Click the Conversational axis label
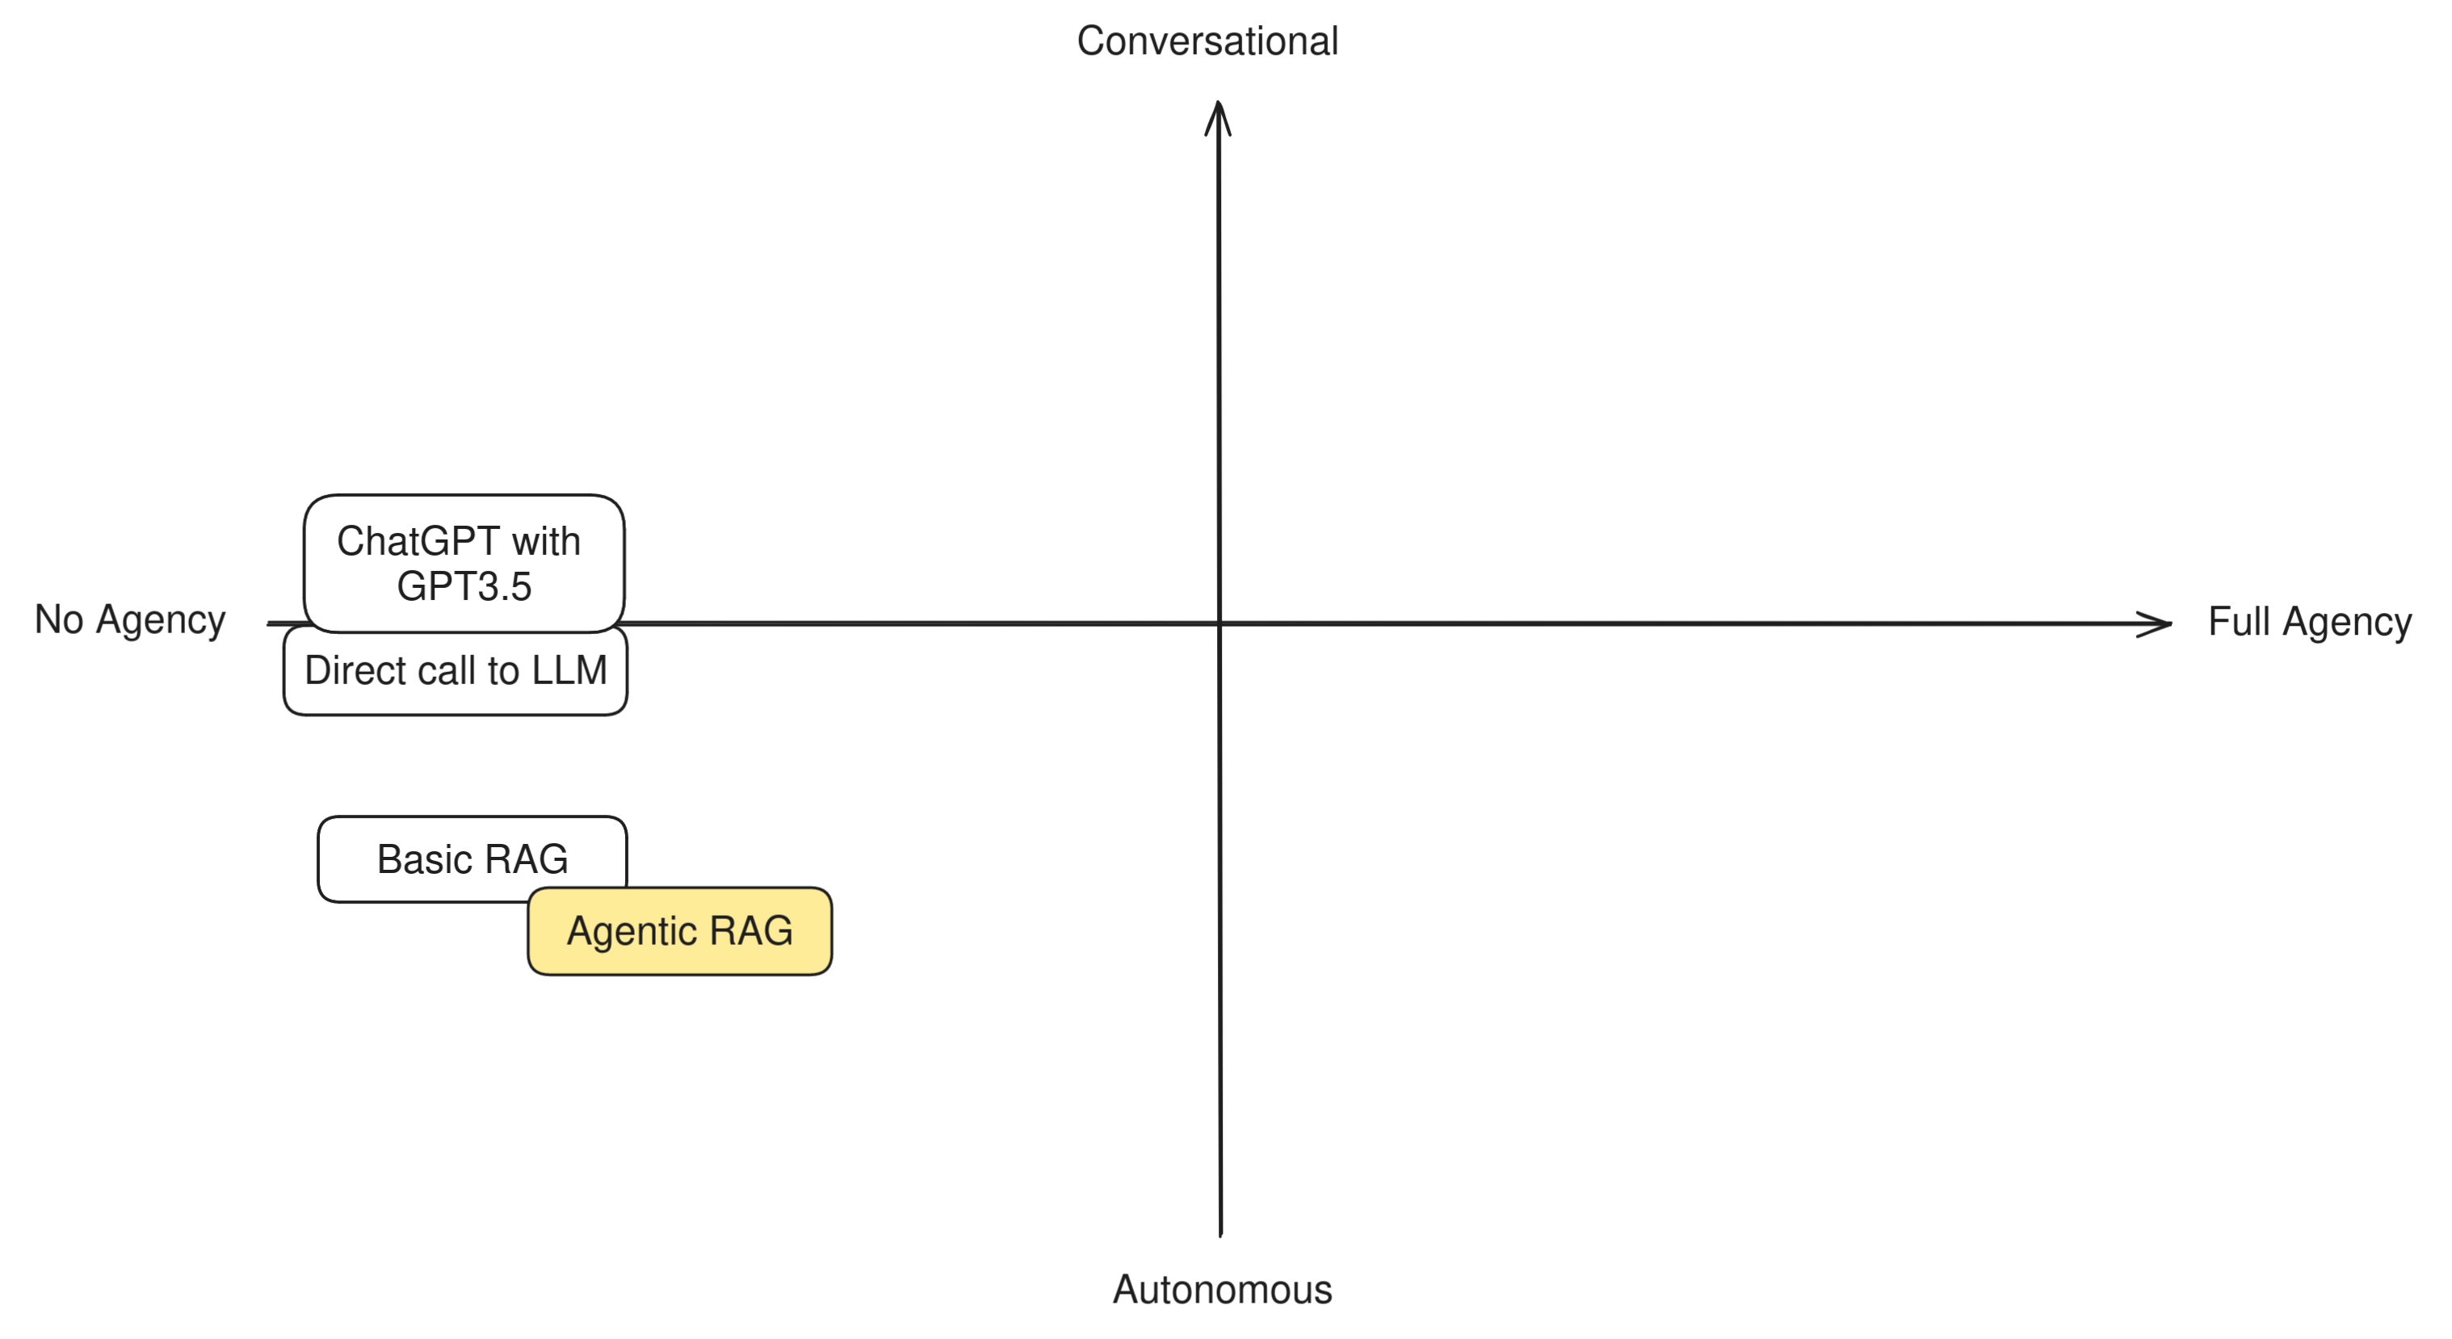click(x=1207, y=41)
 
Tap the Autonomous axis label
click(x=1222, y=1290)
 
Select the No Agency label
click(x=130, y=619)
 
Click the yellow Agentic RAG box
click(x=680, y=930)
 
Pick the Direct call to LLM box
click(x=455, y=671)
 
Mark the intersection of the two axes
click(x=1220, y=623)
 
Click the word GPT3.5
click(x=464, y=586)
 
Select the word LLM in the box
click(x=569, y=670)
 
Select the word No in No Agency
click(x=59, y=619)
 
